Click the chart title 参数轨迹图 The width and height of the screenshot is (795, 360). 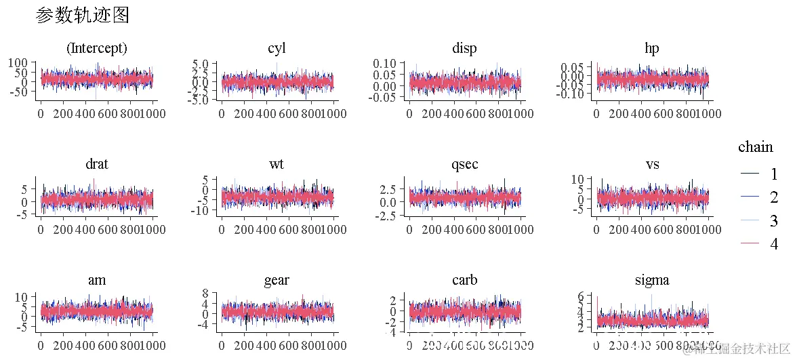point(82,16)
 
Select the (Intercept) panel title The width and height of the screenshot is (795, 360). point(96,49)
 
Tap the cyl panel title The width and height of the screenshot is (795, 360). point(277,49)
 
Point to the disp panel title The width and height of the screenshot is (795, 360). point(464,49)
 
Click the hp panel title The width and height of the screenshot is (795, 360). point(652,49)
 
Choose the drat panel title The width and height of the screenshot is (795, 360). point(96,165)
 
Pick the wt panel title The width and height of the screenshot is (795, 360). point(277,165)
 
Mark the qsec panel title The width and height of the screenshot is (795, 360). point(464,165)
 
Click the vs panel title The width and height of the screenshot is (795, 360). point(652,165)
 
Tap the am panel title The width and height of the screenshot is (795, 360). point(96,281)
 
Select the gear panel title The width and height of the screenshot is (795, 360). point(277,281)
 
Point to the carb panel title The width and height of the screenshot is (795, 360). point(464,281)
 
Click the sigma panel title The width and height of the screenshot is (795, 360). point(652,281)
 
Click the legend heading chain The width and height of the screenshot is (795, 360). point(755,147)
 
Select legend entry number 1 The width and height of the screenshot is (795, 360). point(774,174)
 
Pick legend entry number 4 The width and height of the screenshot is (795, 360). point(774,244)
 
